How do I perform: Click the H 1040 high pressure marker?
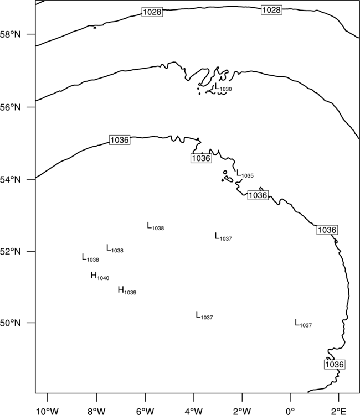tap(100, 276)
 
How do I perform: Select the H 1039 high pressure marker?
tap(127, 290)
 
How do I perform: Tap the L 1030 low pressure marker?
tap(223, 87)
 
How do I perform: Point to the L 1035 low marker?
tap(245, 174)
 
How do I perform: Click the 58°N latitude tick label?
tap(10, 34)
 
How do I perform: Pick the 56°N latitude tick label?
tap(10, 107)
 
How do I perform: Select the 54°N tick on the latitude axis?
tap(10, 180)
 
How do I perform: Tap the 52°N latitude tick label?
tap(10, 251)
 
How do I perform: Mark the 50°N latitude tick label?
tap(10, 323)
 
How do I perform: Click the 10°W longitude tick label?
tap(48, 411)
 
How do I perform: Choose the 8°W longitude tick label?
tap(96, 411)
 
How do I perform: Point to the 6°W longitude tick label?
tap(145, 411)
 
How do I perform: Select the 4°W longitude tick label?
tap(194, 411)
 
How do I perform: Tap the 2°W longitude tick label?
tap(242, 411)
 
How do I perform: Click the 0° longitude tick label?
tap(291, 411)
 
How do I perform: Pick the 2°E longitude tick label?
tap(339, 411)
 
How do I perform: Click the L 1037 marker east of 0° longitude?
tap(304, 324)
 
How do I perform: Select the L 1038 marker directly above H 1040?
tap(90, 258)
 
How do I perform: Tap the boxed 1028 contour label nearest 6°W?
tap(152, 12)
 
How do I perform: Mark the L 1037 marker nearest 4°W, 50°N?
tap(204, 315)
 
